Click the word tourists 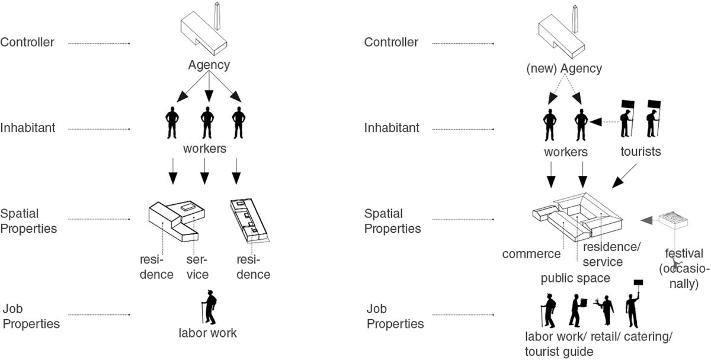point(640,152)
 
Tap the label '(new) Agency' point(564,69)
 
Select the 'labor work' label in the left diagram point(207,333)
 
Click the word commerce point(531,254)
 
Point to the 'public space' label point(575,278)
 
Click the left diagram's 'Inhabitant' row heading point(28,128)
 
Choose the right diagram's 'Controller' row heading point(391,42)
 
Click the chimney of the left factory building point(217,16)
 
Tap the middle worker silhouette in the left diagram point(207,123)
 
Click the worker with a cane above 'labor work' point(209,307)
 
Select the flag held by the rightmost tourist point(654,104)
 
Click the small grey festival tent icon point(673,220)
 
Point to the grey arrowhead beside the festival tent point(646,220)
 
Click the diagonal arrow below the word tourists point(624,176)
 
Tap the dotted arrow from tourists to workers point(605,122)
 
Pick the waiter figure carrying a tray point(605,310)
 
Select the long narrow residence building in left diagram point(249,220)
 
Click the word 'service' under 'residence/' point(603,262)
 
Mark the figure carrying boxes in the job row point(577,310)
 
